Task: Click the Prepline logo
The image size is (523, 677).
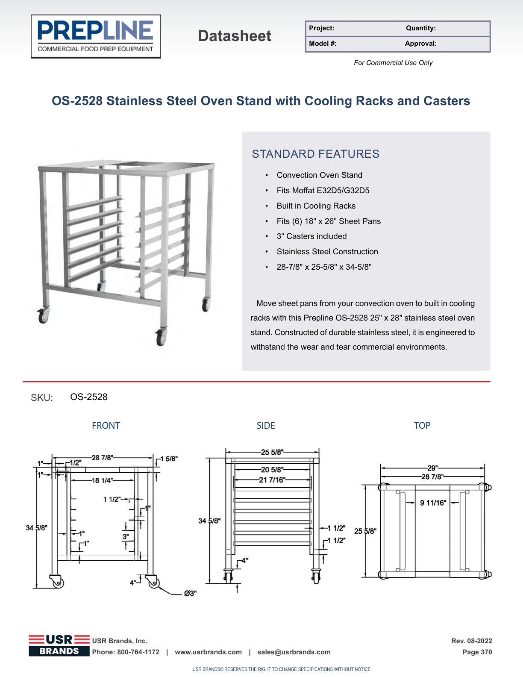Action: point(96,36)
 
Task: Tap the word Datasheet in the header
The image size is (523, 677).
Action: point(235,36)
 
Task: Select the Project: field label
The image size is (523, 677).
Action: point(321,28)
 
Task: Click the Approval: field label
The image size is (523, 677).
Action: point(420,44)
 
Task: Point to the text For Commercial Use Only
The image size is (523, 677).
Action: point(393,63)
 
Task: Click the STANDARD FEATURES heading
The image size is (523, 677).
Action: point(315,154)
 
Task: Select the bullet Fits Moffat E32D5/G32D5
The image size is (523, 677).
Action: point(323,190)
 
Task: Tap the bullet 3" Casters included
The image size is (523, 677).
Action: point(311,236)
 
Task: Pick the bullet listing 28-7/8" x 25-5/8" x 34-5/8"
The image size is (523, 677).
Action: point(324,267)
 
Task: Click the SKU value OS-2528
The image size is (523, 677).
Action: point(89,397)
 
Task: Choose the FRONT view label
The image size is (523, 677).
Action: point(106,426)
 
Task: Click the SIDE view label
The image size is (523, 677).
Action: point(266,426)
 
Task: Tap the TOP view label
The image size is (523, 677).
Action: point(422,426)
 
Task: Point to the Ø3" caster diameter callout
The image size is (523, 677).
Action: point(190,593)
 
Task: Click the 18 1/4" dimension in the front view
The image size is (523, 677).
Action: point(102,480)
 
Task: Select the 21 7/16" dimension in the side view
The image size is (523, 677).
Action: point(272,480)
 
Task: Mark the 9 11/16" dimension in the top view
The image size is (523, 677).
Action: point(433,503)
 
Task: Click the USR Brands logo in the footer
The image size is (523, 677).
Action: point(59,646)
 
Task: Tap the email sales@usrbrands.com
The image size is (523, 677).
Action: point(294,652)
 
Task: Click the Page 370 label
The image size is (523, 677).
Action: point(477,652)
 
